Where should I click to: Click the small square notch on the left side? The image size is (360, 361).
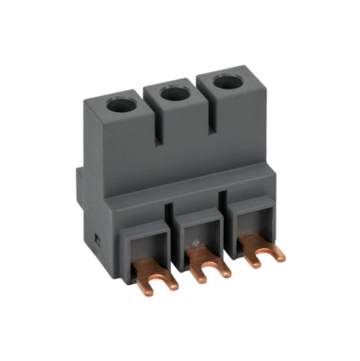tap(96, 239)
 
